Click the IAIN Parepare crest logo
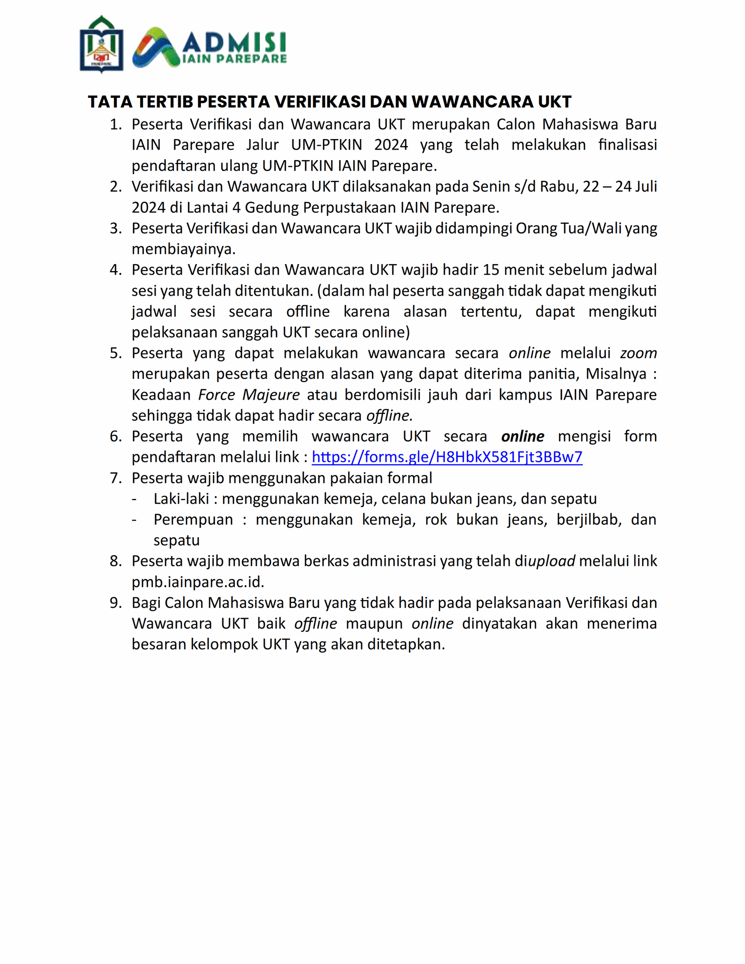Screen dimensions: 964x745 101,44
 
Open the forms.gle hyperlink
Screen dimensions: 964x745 447,457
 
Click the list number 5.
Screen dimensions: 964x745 116,353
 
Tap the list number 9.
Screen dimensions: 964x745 116,602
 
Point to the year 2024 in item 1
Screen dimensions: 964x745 391,145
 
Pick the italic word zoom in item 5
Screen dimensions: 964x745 638,353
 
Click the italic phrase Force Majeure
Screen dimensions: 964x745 249,395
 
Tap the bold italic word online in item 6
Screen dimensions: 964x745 523,436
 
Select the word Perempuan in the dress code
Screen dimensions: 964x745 193,519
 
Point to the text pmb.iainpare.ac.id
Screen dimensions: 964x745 197,582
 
